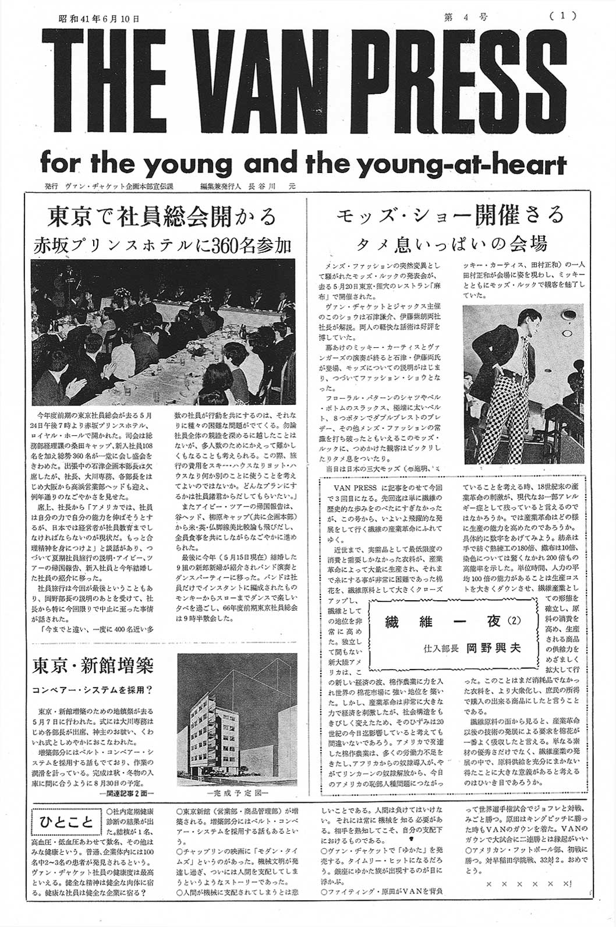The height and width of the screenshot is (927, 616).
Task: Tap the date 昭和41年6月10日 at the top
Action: tap(100, 18)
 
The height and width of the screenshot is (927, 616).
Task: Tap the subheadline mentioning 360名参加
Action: tap(162, 245)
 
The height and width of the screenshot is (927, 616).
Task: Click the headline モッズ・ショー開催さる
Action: tap(450, 216)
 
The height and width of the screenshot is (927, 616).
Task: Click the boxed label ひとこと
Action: tap(66, 823)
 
